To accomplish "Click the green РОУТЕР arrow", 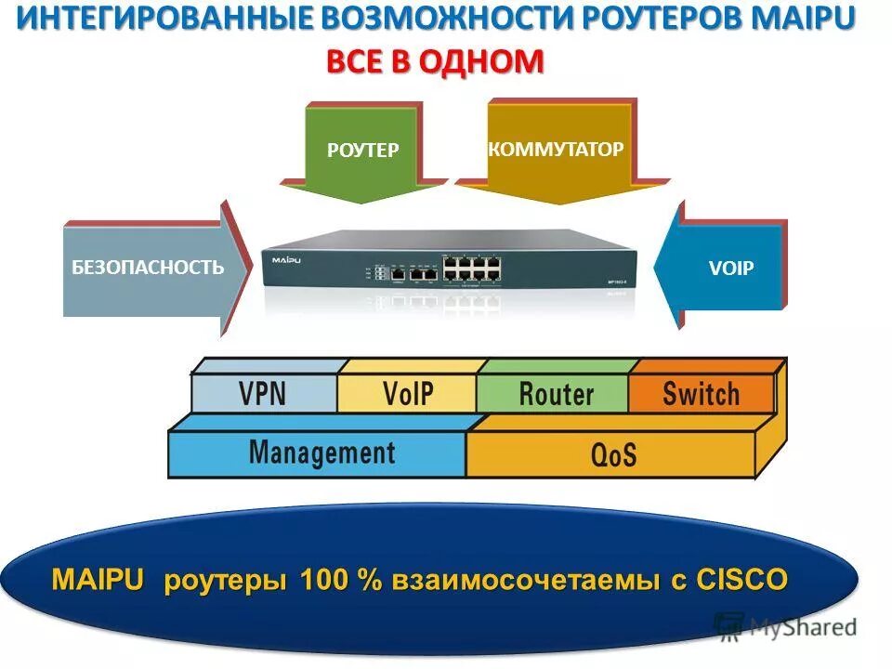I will pos(362,153).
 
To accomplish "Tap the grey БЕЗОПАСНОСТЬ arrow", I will pos(149,269).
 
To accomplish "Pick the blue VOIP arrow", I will pos(725,269).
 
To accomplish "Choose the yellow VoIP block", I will pos(408,393).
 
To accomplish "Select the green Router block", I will pos(555,393).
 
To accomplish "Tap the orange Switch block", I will pos(701,393).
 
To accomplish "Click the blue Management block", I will pos(321,453).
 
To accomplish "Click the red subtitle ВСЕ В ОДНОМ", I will pos(434,61).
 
